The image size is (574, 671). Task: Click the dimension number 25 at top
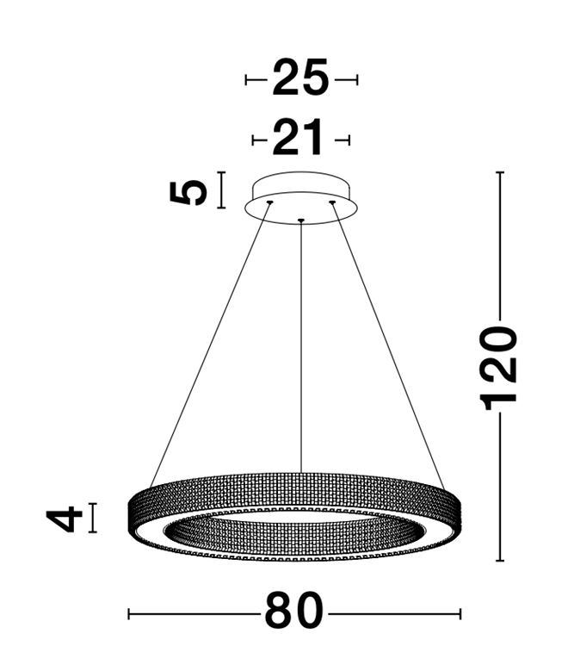coord(301,78)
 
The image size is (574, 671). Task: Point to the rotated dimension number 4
coord(65,519)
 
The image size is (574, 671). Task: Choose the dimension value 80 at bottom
coord(293,611)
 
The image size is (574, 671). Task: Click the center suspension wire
coord(301,346)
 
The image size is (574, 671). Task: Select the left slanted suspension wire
coord(209,345)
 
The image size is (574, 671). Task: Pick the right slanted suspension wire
coord(388,345)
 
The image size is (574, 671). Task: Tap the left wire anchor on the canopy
coord(269,202)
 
